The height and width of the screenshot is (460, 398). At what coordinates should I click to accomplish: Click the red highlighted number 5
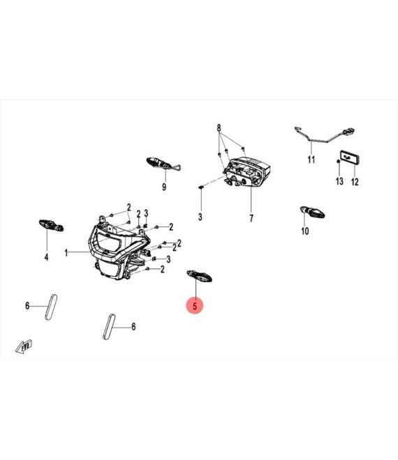[x=195, y=306]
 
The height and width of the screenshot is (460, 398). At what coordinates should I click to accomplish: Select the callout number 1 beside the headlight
[x=66, y=252]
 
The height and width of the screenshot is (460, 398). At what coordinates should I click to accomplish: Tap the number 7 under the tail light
[x=251, y=218]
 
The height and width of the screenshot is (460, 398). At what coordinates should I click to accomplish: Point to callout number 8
[x=219, y=128]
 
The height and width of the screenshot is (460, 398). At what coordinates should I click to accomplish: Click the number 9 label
[x=164, y=187]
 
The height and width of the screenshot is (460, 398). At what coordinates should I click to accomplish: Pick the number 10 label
[x=305, y=231]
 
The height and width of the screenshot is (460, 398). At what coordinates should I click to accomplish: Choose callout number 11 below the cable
[x=311, y=160]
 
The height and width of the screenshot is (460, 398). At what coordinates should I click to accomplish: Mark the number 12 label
[x=355, y=182]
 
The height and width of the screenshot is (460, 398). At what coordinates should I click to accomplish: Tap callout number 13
[x=339, y=181]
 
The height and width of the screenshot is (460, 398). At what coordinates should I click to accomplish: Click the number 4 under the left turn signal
[x=47, y=257]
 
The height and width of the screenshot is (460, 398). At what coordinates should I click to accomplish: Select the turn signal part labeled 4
[x=52, y=225]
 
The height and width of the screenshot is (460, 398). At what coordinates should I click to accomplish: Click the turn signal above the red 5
[x=200, y=276]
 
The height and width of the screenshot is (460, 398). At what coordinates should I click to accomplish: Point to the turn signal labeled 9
[x=163, y=164]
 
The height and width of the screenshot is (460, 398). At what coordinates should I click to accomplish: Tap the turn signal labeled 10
[x=312, y=212]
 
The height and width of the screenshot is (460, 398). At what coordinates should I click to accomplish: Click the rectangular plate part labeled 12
[x=350, y=158]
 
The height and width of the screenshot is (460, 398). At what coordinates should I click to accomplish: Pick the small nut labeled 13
[x=339, y=162]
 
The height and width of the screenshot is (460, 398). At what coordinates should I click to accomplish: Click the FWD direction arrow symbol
[x=24, y=347]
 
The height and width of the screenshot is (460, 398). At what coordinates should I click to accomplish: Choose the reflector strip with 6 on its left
[x=51, y=307]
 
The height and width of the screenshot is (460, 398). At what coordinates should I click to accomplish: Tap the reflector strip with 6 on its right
[x=109, y=327]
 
